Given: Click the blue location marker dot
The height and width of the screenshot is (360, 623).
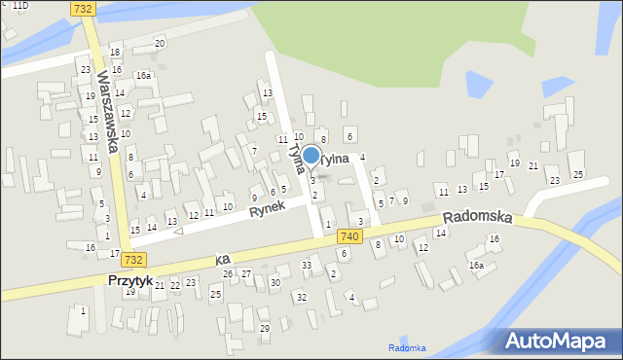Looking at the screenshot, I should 311,155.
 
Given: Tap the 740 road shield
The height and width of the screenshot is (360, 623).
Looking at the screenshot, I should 350,236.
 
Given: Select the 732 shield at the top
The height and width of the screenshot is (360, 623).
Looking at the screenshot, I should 84,8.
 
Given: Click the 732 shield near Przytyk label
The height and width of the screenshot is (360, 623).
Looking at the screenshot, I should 133,259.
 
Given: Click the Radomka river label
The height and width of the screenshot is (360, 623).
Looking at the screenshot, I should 407,347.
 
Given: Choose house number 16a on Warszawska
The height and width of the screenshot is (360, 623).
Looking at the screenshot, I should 143,75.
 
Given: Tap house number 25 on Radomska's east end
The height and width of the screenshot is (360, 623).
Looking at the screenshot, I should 577,174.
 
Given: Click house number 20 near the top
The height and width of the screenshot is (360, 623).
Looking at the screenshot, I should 160,43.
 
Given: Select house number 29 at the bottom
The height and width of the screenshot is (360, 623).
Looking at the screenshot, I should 265,328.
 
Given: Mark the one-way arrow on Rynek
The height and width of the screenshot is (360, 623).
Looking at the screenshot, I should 177,232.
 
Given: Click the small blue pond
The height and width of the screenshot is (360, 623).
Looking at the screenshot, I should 482,85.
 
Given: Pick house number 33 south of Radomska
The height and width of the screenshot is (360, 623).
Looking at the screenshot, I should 307,265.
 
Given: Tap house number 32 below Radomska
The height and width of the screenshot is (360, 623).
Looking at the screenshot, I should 302,296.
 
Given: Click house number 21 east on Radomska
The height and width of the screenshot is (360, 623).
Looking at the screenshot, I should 533,166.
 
